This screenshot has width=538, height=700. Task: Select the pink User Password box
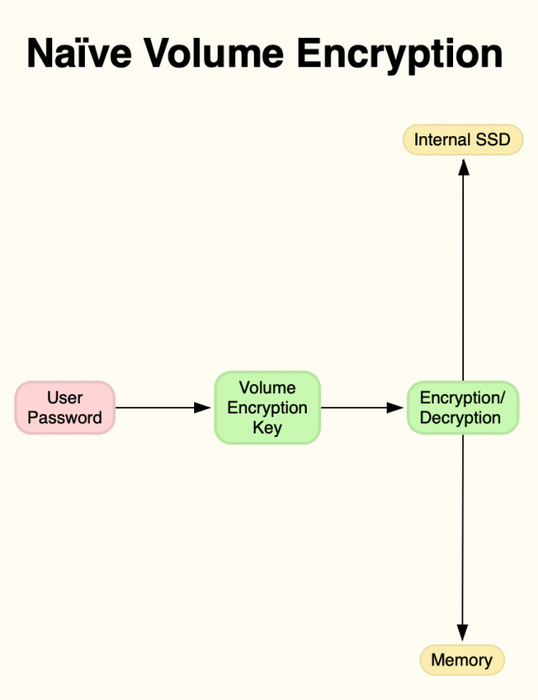(65, 408)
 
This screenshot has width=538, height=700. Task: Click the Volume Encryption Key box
(267, 408)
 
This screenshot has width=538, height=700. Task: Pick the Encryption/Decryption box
(462, 408)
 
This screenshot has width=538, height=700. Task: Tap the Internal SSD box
(462, 139)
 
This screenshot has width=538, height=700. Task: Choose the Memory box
(462, 660)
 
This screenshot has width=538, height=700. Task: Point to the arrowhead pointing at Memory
(462, 633)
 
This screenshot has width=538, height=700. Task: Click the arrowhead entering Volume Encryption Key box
(202, 408)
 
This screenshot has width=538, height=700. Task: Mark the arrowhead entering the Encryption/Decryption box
(396, 408)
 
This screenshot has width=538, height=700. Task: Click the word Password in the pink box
(65, 418)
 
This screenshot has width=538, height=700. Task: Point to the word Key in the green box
(267, 428)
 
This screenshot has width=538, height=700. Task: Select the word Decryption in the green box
(461, 418)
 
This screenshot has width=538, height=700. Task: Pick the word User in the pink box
(65, 397)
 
